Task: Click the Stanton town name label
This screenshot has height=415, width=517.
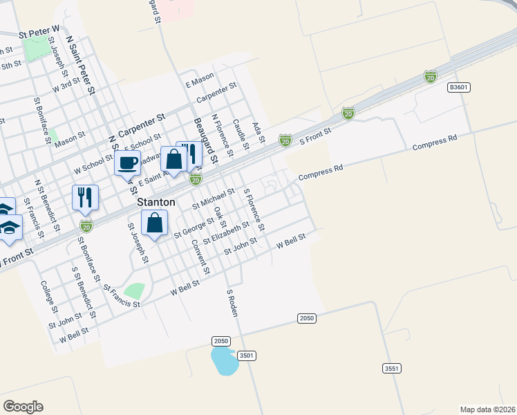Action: pyautogui.click(x=156, y=203)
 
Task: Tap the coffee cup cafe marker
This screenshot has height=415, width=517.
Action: pyautogui.click(x=127, y=164)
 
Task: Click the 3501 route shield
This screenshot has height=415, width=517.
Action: pyautogui.click(x=247, y=355)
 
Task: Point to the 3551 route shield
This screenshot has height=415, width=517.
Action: pyautogui.click(x=392, y=369)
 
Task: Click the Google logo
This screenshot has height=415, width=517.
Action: pyautogui.click(x=23, y=407)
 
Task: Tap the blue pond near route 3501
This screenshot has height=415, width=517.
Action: pyautogui.click(x=224, y=360)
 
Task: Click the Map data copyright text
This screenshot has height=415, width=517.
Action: pyautogui.click(x=487, y=409)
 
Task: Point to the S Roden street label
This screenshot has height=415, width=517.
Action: pyautogui.click(x=233, y=303)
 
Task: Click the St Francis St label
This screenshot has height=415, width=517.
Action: pyautogui.click(x=121, y=295)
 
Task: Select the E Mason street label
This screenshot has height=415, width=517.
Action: pyautogui.click(x=200, y=82)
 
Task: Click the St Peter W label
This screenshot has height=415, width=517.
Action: pyautogui.click(x=40, y=31)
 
